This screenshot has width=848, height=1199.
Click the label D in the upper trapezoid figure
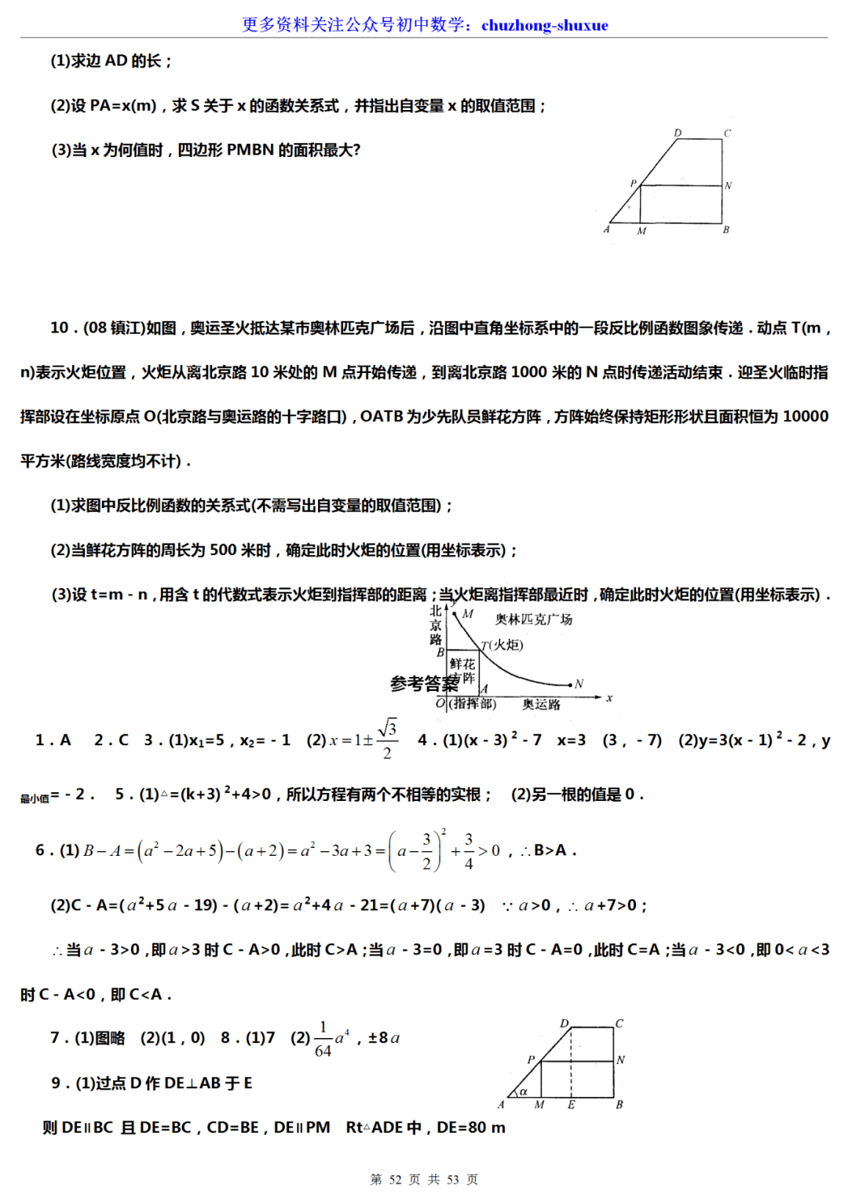point(678,133)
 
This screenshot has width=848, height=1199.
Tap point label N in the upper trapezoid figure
point(728,186)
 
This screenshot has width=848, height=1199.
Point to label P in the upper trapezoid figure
point(633,183)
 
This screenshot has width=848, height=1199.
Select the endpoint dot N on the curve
point(570,685)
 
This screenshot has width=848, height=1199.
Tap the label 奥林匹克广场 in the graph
point(533,620)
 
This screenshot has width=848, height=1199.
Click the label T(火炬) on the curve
point(503,645)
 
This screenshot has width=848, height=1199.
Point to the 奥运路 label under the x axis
point(541,705)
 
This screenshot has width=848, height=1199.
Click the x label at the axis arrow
point(609,698)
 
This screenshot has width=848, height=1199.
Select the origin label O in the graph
point(440,704)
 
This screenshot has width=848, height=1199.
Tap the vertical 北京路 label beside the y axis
point(436,625)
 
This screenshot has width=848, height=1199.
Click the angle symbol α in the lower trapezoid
point(524,1091)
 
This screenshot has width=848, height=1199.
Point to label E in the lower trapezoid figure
point(572,1105)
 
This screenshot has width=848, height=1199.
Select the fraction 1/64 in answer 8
point(323,1039)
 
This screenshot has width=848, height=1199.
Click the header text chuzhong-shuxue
point(544,25)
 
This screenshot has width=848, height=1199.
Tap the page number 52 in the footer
point(395,1179)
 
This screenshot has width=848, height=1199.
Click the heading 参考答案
point(422,684)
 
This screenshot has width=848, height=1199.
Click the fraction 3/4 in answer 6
point(469,851)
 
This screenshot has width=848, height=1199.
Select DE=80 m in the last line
point(470,1128)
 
